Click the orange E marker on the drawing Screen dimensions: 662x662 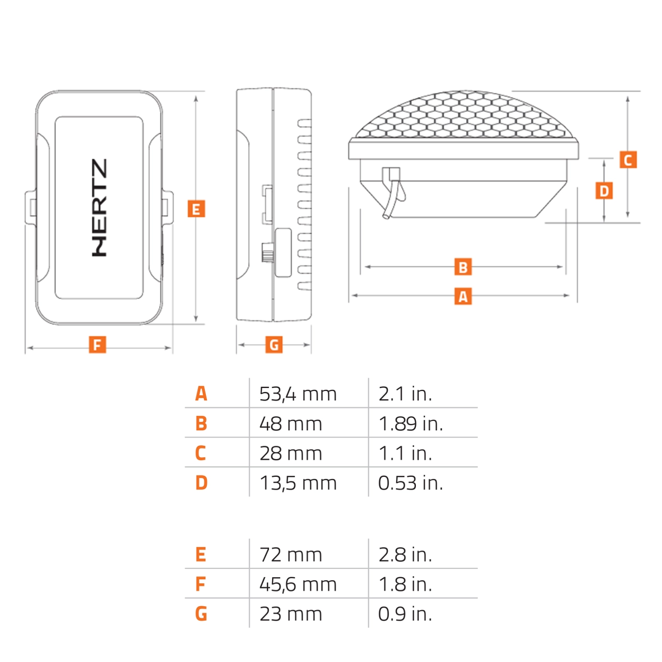(x=196, y=209)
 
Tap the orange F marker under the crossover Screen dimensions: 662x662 (x=97, y=344)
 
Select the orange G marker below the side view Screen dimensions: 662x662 (x=274, y=344)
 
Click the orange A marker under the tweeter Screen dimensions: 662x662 (x=463, y=296)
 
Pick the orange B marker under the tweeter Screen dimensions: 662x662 (x=463, y=267)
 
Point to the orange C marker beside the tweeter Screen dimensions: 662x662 (x=628, y=160)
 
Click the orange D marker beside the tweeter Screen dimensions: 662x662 (x=604, y=191)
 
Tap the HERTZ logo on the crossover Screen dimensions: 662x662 (x=100, y=207)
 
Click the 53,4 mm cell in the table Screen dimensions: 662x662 (x=298, y=394)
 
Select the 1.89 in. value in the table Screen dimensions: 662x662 (x=411, y=424)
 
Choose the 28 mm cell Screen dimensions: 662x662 (x=291, y=454)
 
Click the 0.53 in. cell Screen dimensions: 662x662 (x=411, y=483)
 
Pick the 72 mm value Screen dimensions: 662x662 (x=291, y=555)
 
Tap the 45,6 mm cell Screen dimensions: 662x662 (x=298, y=584)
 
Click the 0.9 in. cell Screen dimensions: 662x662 (x=405, y=614)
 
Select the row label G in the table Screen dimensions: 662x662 (x=201, y=614)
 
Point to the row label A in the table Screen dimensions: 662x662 (x=201, y=394)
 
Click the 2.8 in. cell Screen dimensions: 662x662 (x=405, y=555)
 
